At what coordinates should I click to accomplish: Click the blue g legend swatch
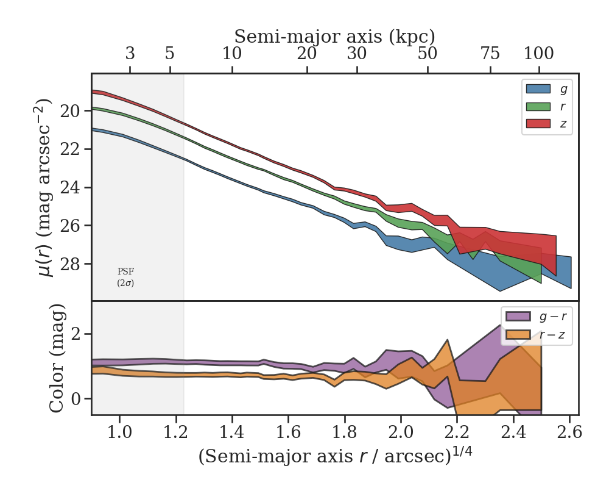point(538,89)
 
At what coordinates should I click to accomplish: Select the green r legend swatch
point(538,106)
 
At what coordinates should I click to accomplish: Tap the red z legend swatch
point(538,123)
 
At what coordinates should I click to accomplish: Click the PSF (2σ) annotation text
point(125,277)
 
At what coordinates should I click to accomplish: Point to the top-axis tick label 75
point(490,54)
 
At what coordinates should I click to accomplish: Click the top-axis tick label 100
point(539,54)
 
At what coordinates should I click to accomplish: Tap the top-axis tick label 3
point(130,54)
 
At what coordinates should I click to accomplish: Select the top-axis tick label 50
point(428,54)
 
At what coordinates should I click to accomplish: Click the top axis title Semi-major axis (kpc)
point(334,37)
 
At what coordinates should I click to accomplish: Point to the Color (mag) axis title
point(57,358)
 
